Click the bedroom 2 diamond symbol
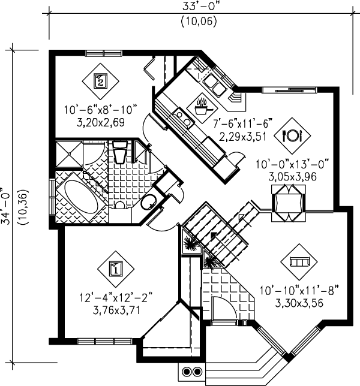click(x=101, y=81)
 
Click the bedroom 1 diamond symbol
click(x=116, y=269)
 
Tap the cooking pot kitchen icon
click(x=202, y=108)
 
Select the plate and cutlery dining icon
click(x=292, y=135)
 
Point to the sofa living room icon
click(x=299, y=262)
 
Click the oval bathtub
click(x=82, y=197)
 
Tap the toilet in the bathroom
click(x=120, y=152)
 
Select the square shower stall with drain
click(x=69, y=154)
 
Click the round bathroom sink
click(x=149, y=202)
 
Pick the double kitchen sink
click(x=213, y=85)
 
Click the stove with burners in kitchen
click(x=182, y=117)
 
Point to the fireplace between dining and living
click(x=289, y=203)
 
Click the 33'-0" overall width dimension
click(x=201, y=7)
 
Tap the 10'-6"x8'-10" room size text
click(x=101, y=110)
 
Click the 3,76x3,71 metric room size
click(x=116, y=310)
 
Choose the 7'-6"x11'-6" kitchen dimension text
click(x=242, y=123)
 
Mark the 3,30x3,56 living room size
click(x=299, y=303)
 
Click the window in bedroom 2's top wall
click(x=104, y=53)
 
